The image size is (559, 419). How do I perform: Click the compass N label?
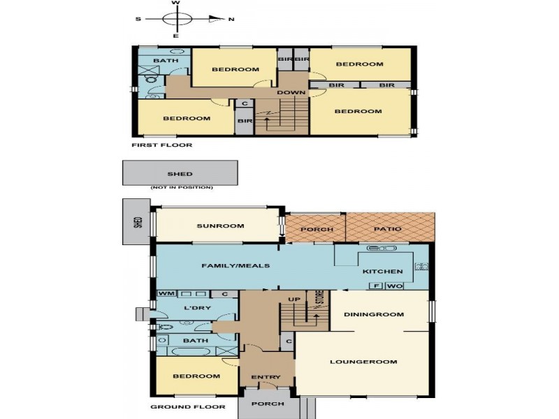[231, 20]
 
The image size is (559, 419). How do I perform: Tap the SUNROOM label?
[220, 226]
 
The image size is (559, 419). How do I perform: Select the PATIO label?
[388, 229]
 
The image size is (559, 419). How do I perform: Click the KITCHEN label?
[382, 272]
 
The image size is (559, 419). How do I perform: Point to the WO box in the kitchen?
[394, 286]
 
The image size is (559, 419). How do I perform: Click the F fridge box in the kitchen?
[376, 286]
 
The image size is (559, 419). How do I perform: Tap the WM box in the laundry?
[166, 294]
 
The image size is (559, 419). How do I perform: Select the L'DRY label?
[197, 308]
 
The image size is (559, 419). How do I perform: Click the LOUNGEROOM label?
[363, 362]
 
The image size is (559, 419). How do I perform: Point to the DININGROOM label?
[374, 315]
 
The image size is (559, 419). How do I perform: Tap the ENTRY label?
[266, 377]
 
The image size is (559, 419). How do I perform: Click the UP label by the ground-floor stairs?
[294, 300]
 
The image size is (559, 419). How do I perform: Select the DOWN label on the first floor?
[291, 93]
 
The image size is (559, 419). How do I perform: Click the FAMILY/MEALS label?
[235, 266]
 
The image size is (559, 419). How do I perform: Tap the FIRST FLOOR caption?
[162, 145]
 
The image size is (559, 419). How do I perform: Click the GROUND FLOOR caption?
[188, 407]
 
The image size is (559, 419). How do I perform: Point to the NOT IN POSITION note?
[182, 187]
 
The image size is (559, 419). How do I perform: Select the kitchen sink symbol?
[382, 249]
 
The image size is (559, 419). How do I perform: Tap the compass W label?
[176, 3]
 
